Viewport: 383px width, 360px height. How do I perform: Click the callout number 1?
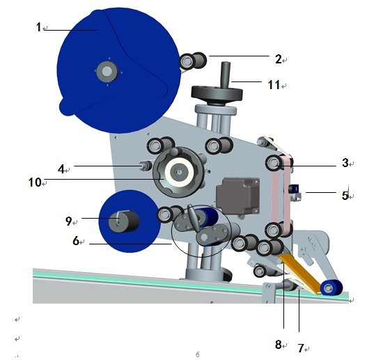38,27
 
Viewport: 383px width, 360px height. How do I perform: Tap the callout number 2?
279,59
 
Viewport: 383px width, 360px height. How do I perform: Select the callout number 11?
274,85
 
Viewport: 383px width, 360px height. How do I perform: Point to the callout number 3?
345,163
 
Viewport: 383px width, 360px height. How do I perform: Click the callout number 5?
345,196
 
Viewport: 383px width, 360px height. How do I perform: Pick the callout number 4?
61,169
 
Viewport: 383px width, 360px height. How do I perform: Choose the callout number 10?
35,182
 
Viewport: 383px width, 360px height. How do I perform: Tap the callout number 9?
69,221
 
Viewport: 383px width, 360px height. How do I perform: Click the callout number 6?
76,241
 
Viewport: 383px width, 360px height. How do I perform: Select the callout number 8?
279,345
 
